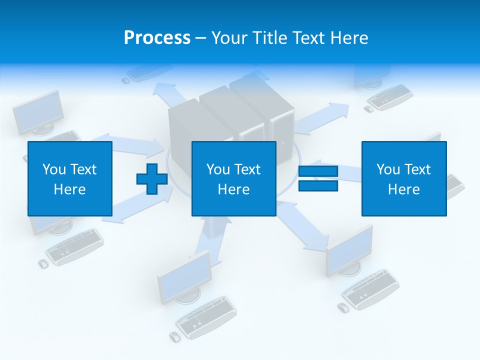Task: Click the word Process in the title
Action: pos(157,38)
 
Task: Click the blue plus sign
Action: pos(152,179)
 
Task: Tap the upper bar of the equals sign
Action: pos(318,171)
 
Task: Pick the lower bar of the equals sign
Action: pos(318,186)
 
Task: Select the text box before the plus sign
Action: pos(70,178)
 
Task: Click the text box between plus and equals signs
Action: pos(233,178)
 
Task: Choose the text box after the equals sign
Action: pos(404,178)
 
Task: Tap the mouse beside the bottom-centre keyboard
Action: pos(175,336)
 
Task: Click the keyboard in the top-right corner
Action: pos(390,96)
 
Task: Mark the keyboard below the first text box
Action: pos(74,246)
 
